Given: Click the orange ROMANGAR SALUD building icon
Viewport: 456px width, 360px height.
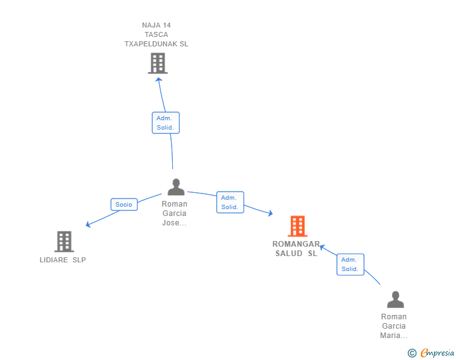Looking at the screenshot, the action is pos(298,226).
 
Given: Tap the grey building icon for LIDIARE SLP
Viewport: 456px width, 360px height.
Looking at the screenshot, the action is pos(65,242).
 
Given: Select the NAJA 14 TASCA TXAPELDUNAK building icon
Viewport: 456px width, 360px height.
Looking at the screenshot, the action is pos(158,63).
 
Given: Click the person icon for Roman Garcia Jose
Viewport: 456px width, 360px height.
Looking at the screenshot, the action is pos(176,187).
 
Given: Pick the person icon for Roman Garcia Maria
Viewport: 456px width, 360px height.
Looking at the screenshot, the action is pos(395,299).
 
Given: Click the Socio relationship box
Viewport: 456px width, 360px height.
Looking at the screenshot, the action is pos(124,205).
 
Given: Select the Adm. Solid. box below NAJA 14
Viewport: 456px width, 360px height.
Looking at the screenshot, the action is pos(166,123).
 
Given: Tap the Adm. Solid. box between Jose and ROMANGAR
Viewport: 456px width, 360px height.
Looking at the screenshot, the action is pos(230,202).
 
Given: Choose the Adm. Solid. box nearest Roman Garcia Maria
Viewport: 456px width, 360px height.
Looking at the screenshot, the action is pos(350,264).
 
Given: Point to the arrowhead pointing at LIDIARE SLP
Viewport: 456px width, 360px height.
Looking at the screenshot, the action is pos(88,225).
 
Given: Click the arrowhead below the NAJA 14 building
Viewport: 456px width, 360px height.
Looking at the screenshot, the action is pos(159,80).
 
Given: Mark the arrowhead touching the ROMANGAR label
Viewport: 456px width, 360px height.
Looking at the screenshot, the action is pos(322,247).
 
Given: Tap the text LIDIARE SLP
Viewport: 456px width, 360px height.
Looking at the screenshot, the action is pos(63,260).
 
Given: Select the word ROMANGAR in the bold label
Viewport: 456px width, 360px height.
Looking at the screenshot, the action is pos(296,244).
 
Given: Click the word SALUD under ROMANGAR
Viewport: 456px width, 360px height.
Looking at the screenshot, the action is pos(289,254).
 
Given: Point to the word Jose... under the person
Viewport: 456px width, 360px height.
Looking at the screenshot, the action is pos(174,223).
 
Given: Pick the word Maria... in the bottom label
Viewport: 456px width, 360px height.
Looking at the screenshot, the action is pos(394,336).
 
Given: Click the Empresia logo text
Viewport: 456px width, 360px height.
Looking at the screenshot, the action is pos(437,352).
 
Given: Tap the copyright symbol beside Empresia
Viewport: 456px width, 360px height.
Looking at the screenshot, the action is pos(412,353).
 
